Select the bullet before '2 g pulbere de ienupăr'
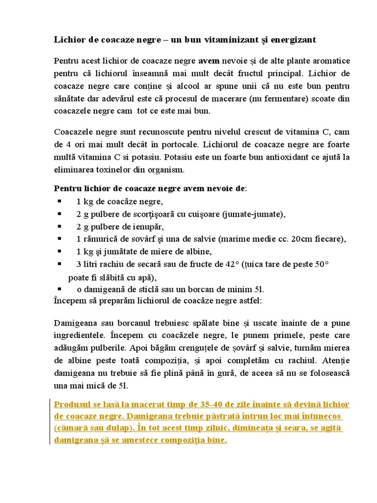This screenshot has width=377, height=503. pyautogui.click(x=59, y=226)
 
